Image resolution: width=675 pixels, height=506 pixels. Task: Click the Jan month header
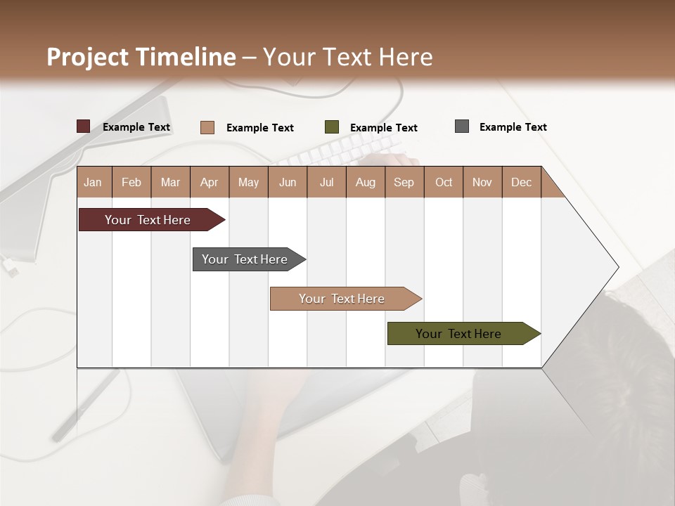[93, 182]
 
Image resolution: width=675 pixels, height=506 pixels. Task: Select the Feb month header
[131, 182]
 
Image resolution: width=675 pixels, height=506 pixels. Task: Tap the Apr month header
[209, 182]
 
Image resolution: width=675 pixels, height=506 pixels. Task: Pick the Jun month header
[288, 182]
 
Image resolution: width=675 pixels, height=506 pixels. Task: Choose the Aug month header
[365, 182]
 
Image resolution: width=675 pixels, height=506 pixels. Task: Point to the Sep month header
[404, 182]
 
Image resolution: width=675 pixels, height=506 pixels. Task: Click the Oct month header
[444, 182]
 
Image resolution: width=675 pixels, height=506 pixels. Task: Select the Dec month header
[521, 182]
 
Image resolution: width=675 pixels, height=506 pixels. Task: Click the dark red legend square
[83, 126]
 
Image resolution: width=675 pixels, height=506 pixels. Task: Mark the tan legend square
[207, 127]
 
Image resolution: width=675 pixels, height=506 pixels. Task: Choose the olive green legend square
[332, 127]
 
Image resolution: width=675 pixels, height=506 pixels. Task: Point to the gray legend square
[462, 126]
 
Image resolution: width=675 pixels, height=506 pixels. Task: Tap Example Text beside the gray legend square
[513, 127]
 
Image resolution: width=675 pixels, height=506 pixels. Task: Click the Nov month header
[482, 182]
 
